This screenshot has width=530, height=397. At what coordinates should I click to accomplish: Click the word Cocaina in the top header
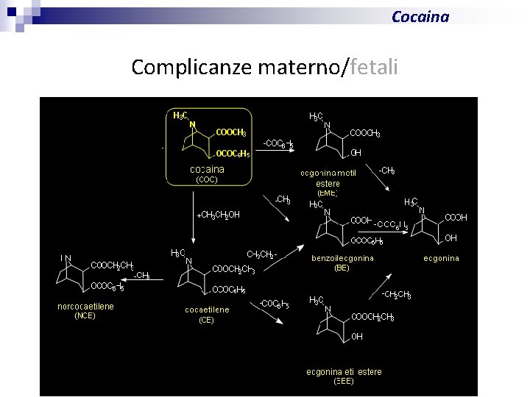[420, 16]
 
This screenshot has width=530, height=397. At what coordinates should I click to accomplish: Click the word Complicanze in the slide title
[192, 68]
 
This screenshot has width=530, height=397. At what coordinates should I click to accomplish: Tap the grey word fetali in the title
[375, 68]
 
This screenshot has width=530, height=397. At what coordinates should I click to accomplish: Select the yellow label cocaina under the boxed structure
[207, 169]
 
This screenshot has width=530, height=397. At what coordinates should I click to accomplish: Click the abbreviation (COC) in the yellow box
[207, 179]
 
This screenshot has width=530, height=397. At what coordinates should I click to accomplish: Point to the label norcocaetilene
[85, 307]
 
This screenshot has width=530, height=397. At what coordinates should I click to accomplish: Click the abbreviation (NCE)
[85, 315]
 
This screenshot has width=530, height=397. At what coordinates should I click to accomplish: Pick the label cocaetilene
[207, 310]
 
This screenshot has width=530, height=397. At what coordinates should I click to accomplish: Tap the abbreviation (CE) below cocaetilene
[206, 320]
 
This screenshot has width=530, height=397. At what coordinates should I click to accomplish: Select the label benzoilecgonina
[342, 258]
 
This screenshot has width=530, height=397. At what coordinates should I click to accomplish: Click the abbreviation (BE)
[342, 268]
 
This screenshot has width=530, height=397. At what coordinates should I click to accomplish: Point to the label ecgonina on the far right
[441, 258]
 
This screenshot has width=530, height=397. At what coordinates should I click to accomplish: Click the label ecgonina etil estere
[344, 372]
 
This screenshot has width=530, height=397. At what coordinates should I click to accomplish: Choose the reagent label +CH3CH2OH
[219, 215]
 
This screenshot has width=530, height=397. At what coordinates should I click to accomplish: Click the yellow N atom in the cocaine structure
[192, 124]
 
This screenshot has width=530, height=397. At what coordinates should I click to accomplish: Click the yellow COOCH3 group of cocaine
[231, 132]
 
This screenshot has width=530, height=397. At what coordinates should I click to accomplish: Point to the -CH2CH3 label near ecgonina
[396, 295]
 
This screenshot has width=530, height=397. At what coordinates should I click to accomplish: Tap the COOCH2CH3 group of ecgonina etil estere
[372, 317]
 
